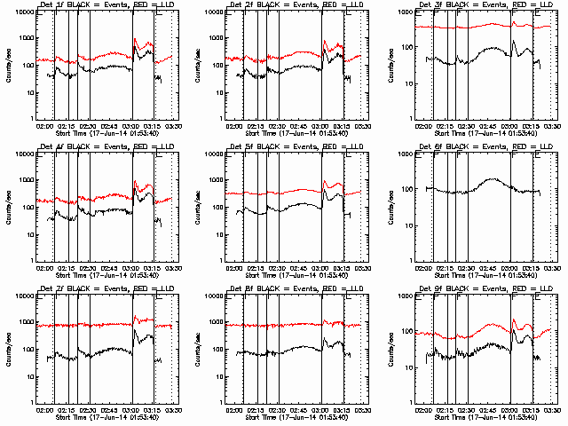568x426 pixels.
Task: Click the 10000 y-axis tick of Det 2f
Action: tap(213, 13)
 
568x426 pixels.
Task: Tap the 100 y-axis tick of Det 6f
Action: tap(406, 189)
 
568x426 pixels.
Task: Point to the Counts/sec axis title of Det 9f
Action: tap(389, 347)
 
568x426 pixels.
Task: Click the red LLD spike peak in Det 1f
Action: tap(135, 39)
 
